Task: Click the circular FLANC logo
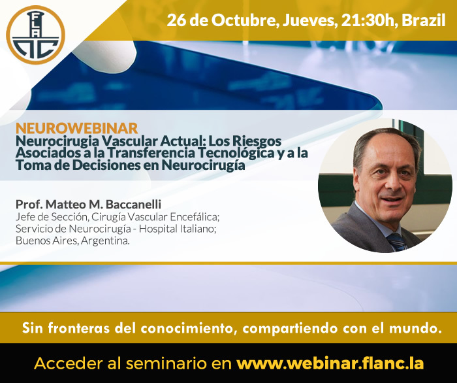35,35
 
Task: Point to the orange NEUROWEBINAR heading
76,128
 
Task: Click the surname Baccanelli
133,204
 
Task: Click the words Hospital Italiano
177,229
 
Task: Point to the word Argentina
105,241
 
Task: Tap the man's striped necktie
396,242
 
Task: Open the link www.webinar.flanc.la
330,363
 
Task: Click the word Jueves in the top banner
310,21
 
